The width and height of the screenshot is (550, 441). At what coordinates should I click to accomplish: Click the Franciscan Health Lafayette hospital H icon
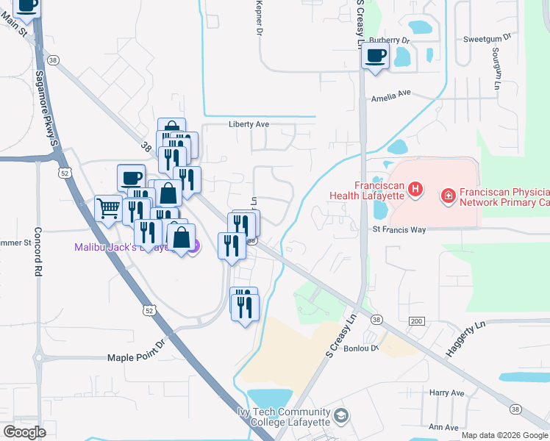point(415,190)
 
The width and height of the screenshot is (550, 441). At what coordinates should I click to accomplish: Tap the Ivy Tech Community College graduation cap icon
point(340,417)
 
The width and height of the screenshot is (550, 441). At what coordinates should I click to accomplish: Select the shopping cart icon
point(108,208)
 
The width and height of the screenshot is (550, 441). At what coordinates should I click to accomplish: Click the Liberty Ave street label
point(249,124)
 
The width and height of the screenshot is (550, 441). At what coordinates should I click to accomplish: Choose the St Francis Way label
point(399,230)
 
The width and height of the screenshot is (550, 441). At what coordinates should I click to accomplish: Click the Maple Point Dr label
point(138,357)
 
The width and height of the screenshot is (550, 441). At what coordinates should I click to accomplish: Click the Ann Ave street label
point(443,426)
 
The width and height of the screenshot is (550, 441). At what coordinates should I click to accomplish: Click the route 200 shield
point(417,321)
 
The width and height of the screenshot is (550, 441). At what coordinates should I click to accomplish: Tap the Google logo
point(24,432)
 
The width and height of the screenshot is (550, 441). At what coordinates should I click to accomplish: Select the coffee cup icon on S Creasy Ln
point(375,57)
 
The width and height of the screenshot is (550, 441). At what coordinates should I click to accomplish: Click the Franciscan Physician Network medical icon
point(447,196)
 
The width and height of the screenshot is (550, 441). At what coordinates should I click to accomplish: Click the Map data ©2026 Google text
point(504,435)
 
